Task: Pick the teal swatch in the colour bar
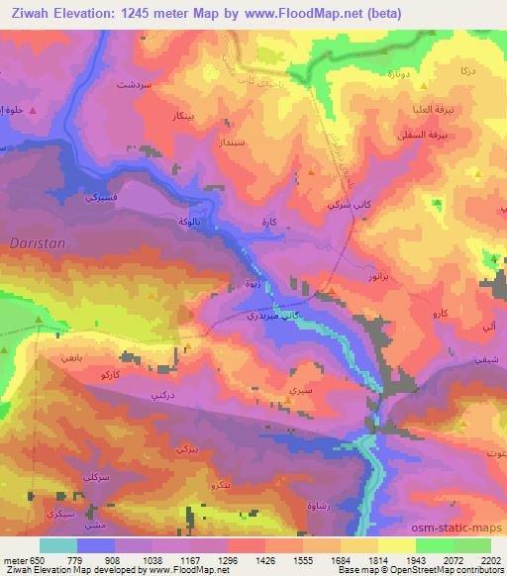(58, 545)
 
